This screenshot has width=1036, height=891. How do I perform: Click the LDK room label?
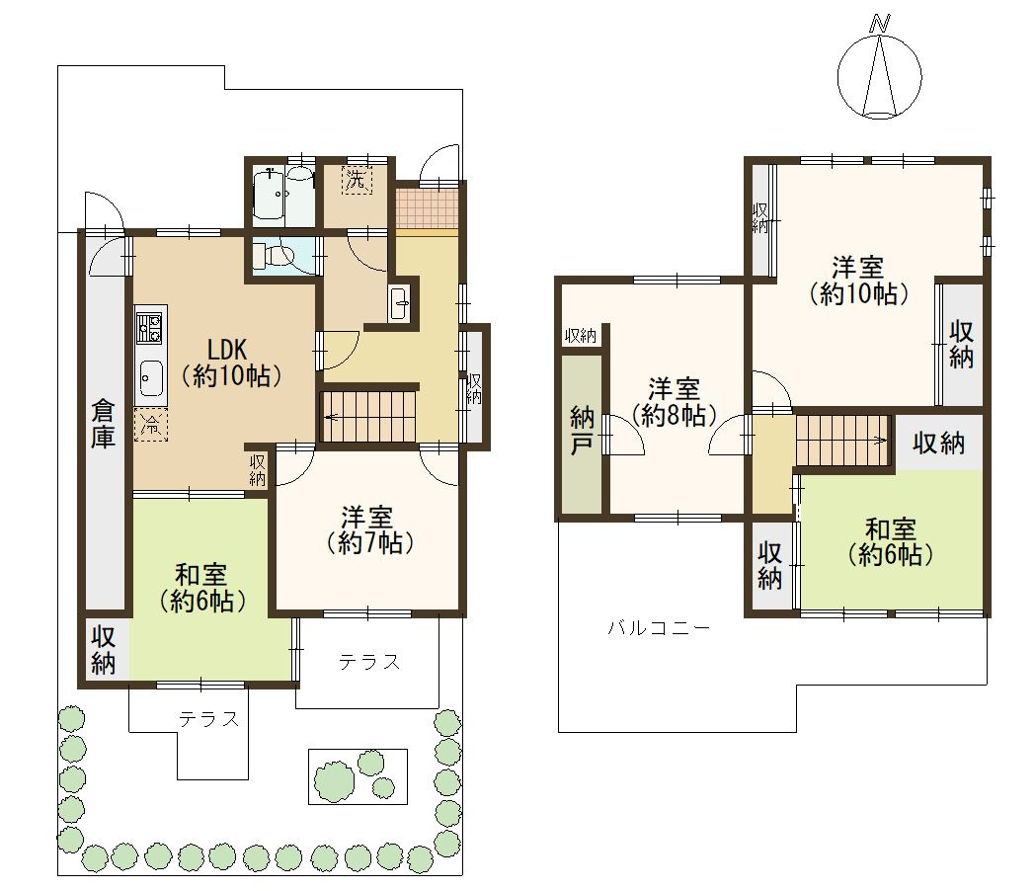232,363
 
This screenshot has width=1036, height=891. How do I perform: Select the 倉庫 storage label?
103,424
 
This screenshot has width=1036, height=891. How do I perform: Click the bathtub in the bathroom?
271,194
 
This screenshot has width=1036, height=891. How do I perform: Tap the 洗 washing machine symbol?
357,180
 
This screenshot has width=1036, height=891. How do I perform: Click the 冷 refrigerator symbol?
151,425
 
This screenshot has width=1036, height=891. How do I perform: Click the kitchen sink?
151,379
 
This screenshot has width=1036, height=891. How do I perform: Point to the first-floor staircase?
368,417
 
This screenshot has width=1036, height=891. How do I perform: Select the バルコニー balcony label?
659,627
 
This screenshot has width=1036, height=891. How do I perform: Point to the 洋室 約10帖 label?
858,281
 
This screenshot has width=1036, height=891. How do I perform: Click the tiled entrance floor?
429,207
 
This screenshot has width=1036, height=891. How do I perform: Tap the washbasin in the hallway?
398,304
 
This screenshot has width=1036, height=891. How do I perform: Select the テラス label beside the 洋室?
370,662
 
